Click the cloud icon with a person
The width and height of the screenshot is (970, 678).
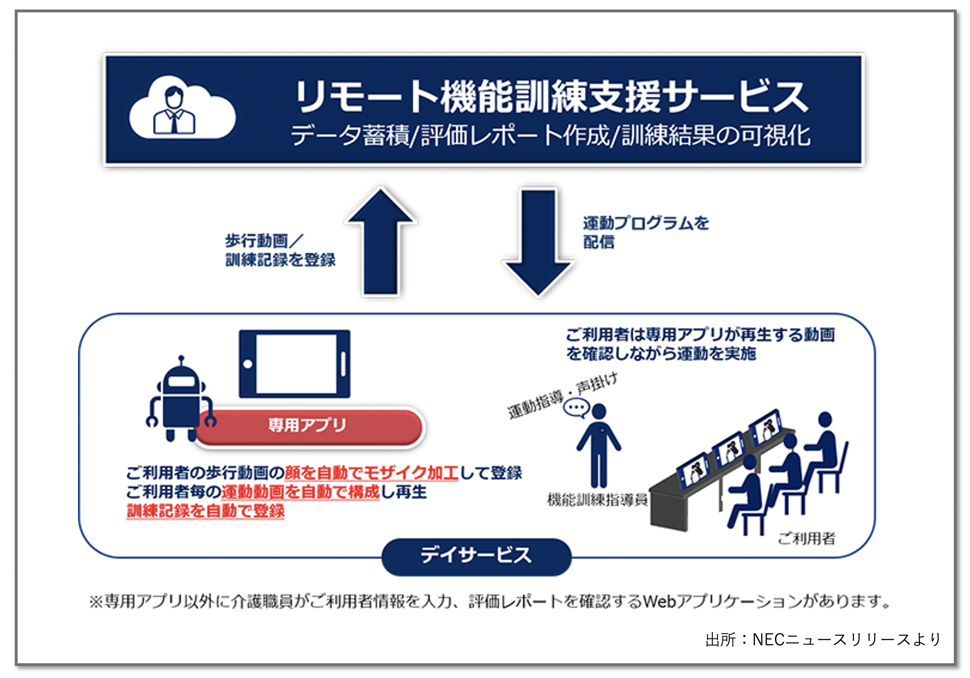[x=182, y=108]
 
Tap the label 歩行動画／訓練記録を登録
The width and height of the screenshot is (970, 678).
[x=280, y=250]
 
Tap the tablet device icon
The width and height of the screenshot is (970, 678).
[x=295, y=364]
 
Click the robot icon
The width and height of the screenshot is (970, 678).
[x=180, y=400]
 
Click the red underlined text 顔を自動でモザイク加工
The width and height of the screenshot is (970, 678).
[x=371, y=473]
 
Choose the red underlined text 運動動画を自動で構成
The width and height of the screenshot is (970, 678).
[x=300, y=492]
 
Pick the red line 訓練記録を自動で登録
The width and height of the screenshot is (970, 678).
[x=206, y=511]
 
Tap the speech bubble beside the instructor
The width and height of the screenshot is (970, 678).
[x=576, y=408]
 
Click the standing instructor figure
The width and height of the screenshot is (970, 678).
[x=599, y=445]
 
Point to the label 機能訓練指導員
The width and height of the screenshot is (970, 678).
[x=597, y=499]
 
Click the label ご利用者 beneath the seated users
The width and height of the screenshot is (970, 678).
[x=806, y=538]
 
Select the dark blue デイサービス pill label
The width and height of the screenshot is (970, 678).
[x=476, y=556]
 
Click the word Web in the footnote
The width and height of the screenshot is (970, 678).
[x=659, y=602]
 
